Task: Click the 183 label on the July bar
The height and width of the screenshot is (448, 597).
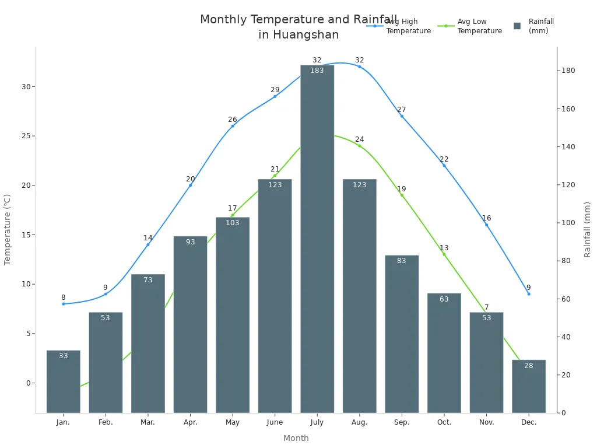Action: pyautogui.click(x=317, y=71)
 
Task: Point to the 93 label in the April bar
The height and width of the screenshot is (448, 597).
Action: pyautogui.click(x=191, y=242)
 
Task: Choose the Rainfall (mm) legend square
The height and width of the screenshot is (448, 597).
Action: pyautogui.click(x=517, y=26)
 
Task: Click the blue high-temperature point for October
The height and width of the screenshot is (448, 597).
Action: pyautogui.click(x=444, y=166)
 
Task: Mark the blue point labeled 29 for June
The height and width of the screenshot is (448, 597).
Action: pyautogui.click(x=275, y=96)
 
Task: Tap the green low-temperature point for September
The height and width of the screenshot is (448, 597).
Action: pyautogui.click(x=402, y=195)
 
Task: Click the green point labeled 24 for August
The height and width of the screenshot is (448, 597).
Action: pyautogui.click(x=360, y=146)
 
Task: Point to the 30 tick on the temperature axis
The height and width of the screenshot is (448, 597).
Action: pyautogui.click(x=26, y=87)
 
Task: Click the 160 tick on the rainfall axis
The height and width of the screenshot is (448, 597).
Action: pyautogui.click(x=568, y=109)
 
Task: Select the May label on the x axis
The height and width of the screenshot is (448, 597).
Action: pyautogui.click(x=233, y=422)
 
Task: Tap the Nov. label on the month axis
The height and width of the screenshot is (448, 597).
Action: pyautogui.click(x=486, y=422)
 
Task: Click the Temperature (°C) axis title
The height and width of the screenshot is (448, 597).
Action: pyautogui.click(x=8, y=230)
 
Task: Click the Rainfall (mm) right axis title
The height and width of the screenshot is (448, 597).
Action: pyautogui.click(x=587, y=230)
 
